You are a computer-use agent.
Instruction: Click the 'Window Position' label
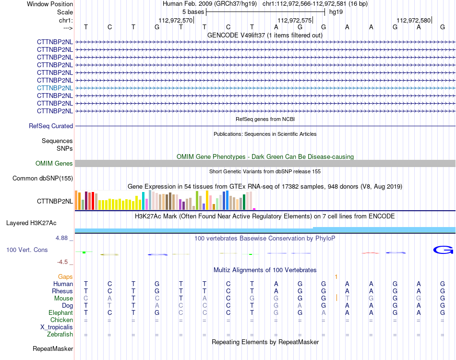coord(50,4)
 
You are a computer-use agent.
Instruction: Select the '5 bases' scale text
coord(193,12)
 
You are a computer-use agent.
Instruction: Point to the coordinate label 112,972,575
coord(295,20)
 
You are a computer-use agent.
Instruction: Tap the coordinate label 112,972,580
coord(414,20)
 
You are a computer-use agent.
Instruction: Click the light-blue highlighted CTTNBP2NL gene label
coord(55,88)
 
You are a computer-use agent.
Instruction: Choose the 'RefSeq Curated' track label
coord(50,126)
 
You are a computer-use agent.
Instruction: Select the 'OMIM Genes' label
coord(54,163)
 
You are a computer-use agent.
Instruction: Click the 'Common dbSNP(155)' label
coord(42,178)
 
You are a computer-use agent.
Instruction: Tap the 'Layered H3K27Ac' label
coord(31,223)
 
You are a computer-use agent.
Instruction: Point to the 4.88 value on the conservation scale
coord(61,238)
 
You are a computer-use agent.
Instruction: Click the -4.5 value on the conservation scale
coord(62,262)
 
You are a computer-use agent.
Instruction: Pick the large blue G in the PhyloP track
coord(443,250)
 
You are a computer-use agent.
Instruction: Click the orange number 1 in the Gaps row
coord(336,277)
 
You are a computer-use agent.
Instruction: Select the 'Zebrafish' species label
coord(60,335)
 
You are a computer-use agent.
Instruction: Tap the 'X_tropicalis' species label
coord(57,327)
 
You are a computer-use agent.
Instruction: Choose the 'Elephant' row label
coord(60,312)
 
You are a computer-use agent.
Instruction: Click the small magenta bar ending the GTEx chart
coord(254,209)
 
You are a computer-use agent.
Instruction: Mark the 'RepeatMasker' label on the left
coord(53,348)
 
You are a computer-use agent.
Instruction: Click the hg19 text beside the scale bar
coord(336,12)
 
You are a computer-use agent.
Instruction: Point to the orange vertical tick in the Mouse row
coord(337,298)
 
